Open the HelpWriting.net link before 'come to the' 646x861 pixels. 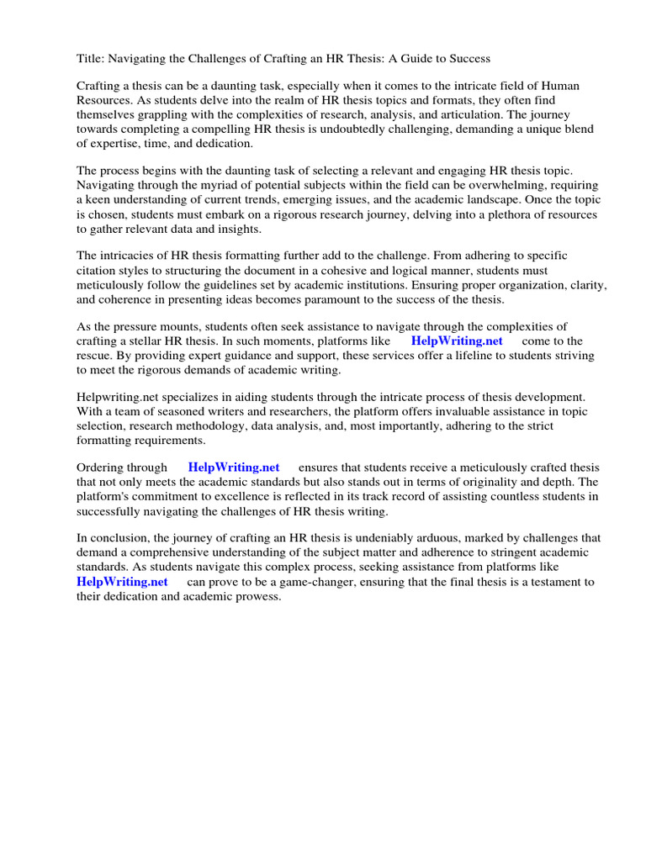[x=457, y=341]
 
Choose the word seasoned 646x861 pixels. [x=171, y=412]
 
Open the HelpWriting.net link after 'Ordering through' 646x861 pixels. [x=234, y=467]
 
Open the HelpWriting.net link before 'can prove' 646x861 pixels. [x=122, y=581]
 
